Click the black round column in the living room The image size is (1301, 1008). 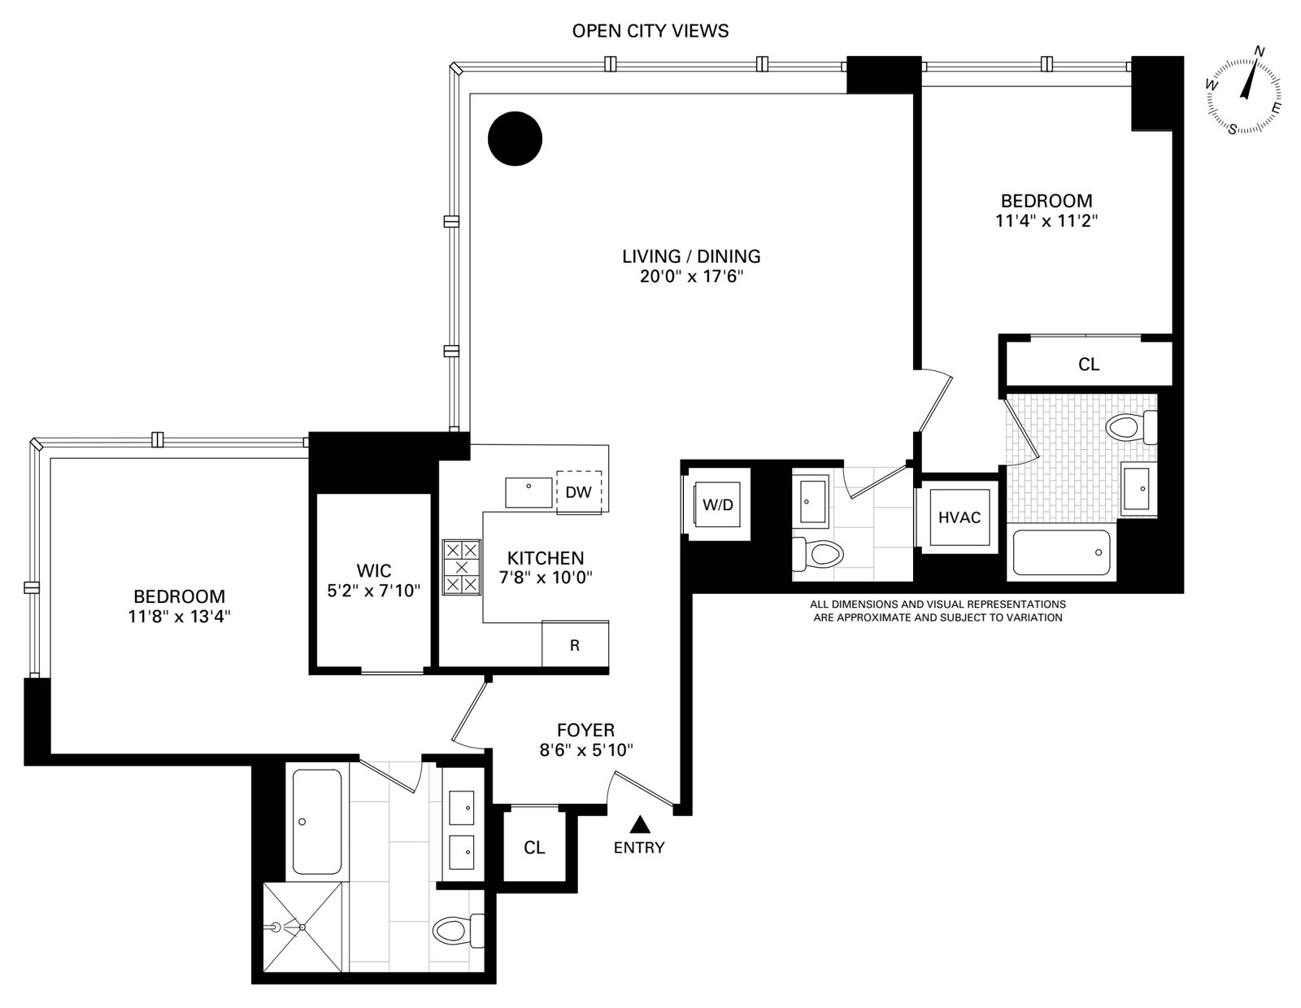pyautogui.click(x=515, y=139)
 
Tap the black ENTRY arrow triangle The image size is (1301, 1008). pyautogui.click(x=640, y=825)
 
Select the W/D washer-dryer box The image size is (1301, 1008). pyautogui.click(x=717, y=505)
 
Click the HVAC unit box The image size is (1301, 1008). pyautogui.click(x=959, y=517)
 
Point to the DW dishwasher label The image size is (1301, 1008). pyautogui.click(x=578, y=492)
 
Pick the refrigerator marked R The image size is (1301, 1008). pyautogui.click(x=575, y=645)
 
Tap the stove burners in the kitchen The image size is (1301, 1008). pyautogui.click(x=461, y=567)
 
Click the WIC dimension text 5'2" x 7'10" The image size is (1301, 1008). pyautogui.click(x=373, y=591)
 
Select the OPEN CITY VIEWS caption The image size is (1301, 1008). pyautogui.click(x=650, y=32)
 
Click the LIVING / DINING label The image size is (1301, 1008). pyautogui.click(x=691, y=256)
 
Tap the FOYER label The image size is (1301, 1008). pyautogui.click(x=585, y=731)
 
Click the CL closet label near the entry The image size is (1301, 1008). pyautogui.click(x=534, y=848)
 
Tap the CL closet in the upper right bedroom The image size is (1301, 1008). pyautogui.click(x=1089, y=364)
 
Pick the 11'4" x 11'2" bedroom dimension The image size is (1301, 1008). pyautogui.click(x=1046, y=220)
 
